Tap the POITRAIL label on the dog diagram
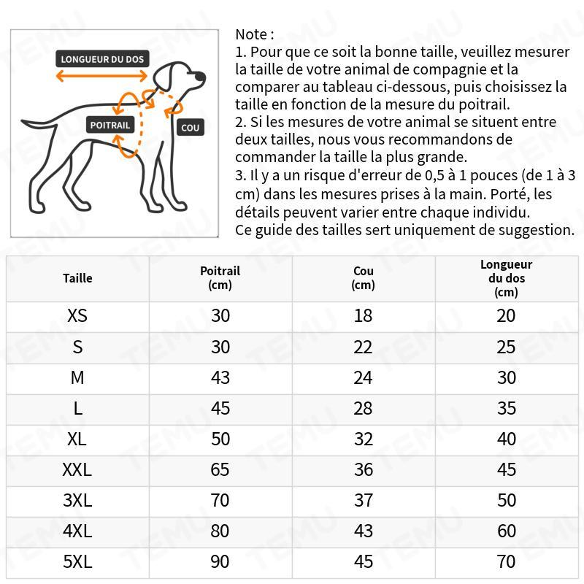(109, 125)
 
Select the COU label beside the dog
(190, 128)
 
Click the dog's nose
(202, 75)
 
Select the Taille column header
(77, 278)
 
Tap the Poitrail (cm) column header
(220, 278)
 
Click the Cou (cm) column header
(363, 278)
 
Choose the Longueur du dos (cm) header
(506, 278)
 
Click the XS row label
(77, 316)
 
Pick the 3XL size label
(77, 500)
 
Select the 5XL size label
(77, 561)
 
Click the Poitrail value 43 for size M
(220, 377)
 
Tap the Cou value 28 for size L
(363, 408)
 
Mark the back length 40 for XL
(506, 439)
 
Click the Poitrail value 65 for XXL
(220, 469)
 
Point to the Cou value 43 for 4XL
(363, 531)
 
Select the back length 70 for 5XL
(506, 561)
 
